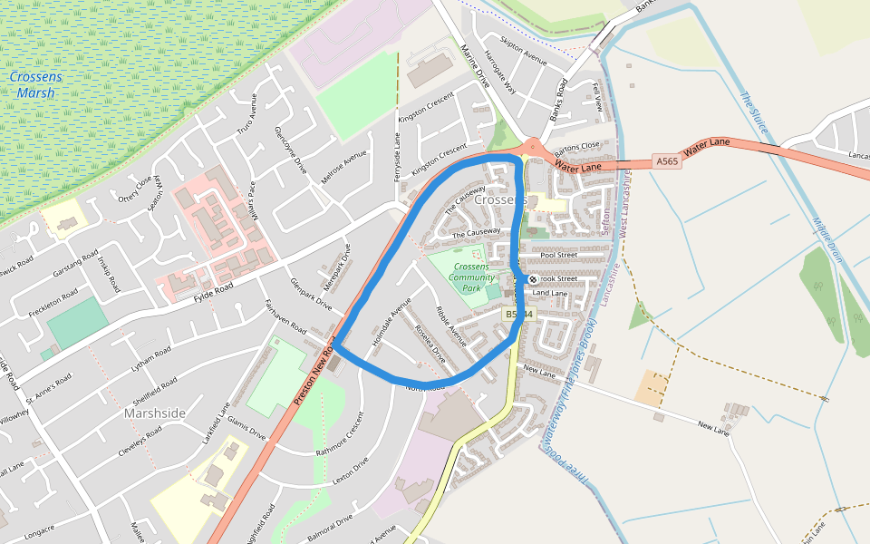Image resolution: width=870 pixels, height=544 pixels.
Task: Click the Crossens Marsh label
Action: point(37,84)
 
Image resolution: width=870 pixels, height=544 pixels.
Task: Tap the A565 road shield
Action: point(666,161)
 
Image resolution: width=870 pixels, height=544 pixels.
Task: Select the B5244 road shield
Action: point(520,313)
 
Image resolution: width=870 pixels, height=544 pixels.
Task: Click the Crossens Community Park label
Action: point(471,277)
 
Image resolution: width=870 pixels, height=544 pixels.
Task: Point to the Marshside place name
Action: point(155,413)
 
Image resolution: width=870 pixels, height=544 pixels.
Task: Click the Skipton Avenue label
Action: point(525,52)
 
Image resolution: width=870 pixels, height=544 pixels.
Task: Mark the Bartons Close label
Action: point(577,147)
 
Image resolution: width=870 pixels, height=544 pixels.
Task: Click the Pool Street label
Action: point(558,256)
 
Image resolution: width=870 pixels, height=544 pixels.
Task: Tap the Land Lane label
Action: point(549,293)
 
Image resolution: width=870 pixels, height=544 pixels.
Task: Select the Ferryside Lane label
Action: point(397,156)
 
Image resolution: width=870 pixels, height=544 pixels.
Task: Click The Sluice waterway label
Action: point(753,113)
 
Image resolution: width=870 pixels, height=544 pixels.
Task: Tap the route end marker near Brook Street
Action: point(532,279)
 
